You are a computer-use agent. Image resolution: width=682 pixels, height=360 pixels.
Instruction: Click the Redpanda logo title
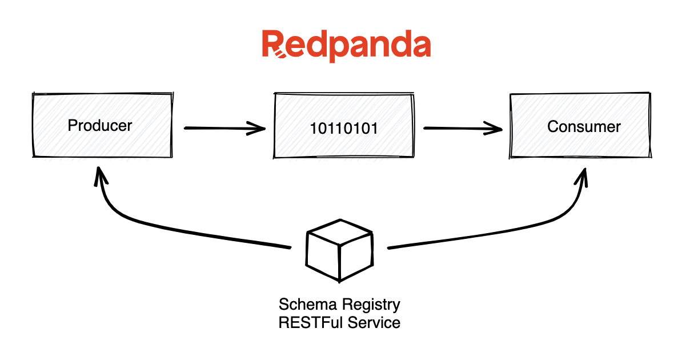[x=346, y=45]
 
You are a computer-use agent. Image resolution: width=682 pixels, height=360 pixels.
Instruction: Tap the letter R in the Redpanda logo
[x=273, y=45]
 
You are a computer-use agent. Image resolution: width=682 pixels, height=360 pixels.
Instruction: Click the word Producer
[x=100, y=125]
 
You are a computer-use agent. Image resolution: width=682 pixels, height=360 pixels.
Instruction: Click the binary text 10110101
[x=344, y=128]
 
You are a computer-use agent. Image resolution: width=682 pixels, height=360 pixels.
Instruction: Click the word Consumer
[x=584, y=126]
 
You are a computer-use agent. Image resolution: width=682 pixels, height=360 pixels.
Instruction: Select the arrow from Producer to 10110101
[x=223, y=128]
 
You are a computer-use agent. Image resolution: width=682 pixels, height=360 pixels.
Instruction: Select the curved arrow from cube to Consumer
[x=514, y=229]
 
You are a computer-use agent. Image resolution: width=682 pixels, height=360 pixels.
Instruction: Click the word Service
[x=373, y=322]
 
